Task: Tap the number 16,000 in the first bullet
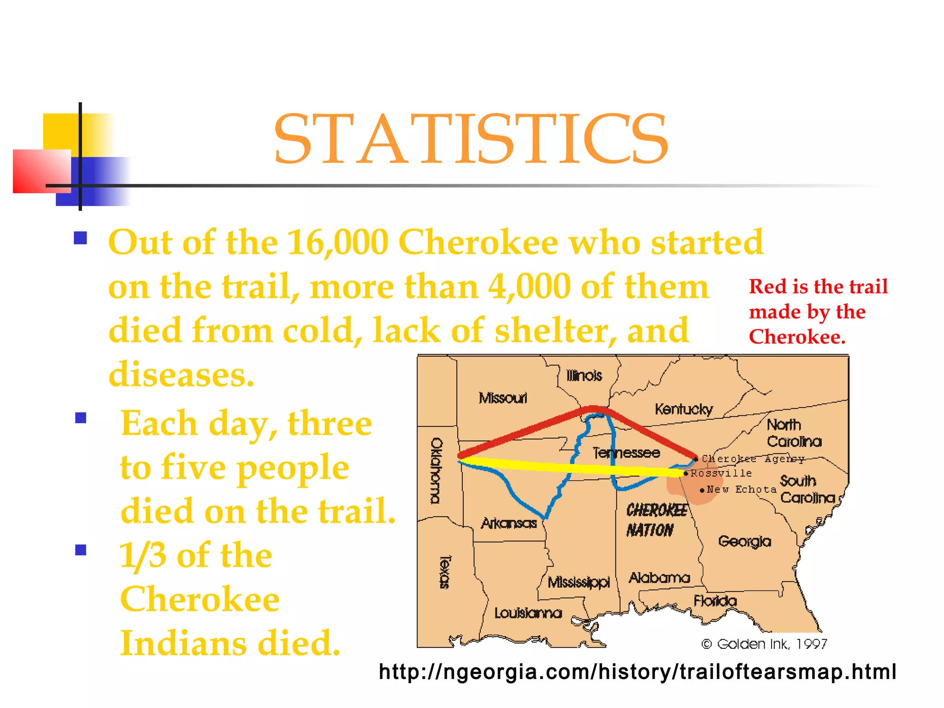tap(337, 242)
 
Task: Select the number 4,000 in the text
tap(530, 287)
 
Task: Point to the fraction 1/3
tap(142, 555)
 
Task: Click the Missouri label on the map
tap(502, 398)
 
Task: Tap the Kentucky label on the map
tap(684, 409)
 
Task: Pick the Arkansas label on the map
tap(509, 523)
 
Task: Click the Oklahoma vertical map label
tap(436, 471)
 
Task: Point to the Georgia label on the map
tap(744, 541)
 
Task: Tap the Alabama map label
tap(659, 578)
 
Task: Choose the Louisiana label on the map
tap(528, 613)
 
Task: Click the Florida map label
tap(715, 601)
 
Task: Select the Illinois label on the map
tap(584, 376)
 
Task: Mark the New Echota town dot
tap(702, 490)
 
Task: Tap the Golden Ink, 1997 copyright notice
tap(764, 644)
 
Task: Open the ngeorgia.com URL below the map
tap(637, 672)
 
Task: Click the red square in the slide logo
tap(41, 171)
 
